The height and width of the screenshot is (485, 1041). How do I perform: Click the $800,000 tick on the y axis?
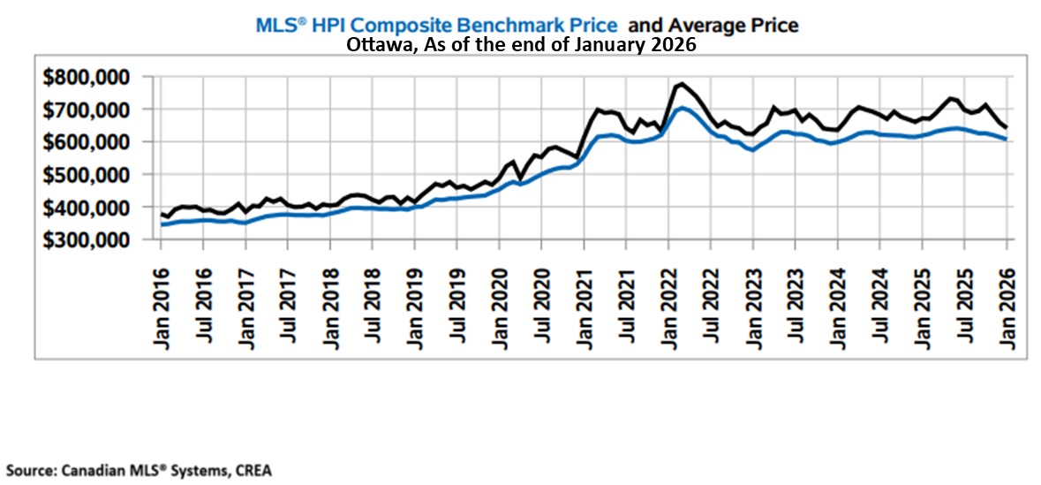point(87,77)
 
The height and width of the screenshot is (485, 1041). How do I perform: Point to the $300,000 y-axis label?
point(87,239)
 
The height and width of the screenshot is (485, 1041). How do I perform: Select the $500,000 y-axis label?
point(87,174)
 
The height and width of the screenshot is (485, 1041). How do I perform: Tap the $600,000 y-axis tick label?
point(87,142)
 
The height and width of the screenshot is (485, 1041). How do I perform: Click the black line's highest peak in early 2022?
point(682,84)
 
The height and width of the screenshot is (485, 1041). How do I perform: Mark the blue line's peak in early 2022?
point(682,108)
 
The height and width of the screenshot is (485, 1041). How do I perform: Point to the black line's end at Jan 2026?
point(1006,127)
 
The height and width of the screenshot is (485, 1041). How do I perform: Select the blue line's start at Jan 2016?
point(162,224)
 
